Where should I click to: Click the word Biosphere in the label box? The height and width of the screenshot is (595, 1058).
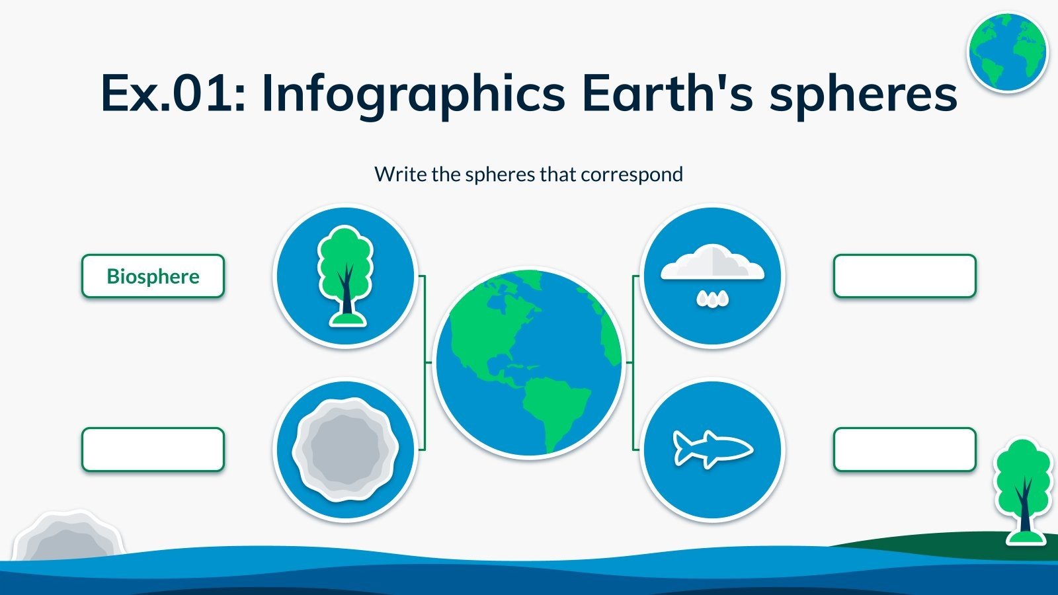point(153,276)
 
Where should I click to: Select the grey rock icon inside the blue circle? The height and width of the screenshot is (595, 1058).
point(345,450)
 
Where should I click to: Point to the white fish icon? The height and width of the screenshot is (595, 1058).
point(712,449)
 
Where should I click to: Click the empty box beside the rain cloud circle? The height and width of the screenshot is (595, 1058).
point(905,276)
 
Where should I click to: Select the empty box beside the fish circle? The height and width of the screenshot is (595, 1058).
point(905,450)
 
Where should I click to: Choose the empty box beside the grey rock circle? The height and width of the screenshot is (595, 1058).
point(153,450)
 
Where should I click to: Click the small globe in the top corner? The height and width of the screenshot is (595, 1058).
point(1008,52)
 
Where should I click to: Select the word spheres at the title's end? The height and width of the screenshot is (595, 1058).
point(863,95)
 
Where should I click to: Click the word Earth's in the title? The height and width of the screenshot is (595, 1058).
point(667,92)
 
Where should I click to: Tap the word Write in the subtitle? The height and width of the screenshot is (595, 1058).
point(401,175)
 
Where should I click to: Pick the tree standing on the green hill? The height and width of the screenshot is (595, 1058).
point(1023,491)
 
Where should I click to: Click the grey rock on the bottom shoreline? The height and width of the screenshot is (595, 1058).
point(69,536)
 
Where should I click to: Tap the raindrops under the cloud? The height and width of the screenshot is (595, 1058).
point(712,299)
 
